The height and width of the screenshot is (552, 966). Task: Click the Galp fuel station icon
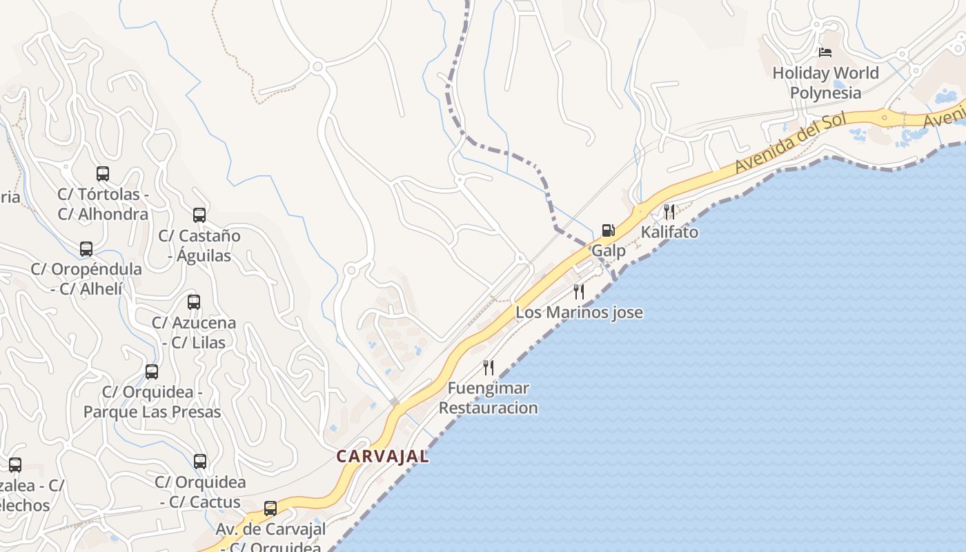(608, 230)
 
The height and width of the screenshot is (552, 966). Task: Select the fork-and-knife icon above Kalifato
(669, 211)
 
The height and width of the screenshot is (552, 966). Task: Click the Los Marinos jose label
(579, 313)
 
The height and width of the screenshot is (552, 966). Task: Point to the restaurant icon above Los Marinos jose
(579, 292)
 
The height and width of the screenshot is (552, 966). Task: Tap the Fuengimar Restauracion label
(489, 398)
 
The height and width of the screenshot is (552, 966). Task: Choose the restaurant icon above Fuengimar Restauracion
(489, 367)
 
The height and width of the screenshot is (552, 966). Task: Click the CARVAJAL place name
(382, 457)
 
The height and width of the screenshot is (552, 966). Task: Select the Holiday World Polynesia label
(825, 83)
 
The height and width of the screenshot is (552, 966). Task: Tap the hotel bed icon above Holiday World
(825, 52)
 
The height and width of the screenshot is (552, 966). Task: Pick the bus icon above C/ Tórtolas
(103, 174)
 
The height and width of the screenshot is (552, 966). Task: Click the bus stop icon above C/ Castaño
(199, 215)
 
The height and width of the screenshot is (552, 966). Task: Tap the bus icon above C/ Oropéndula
(86, 249)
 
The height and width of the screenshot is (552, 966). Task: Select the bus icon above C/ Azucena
(194, 302)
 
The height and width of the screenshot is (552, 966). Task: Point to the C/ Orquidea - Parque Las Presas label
(152, 402)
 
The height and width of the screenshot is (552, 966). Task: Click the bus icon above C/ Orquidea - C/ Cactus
(200, 462)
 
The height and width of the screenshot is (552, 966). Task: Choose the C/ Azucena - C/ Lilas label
(194, 333)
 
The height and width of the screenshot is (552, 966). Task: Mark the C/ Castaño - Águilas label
(199, 246)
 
